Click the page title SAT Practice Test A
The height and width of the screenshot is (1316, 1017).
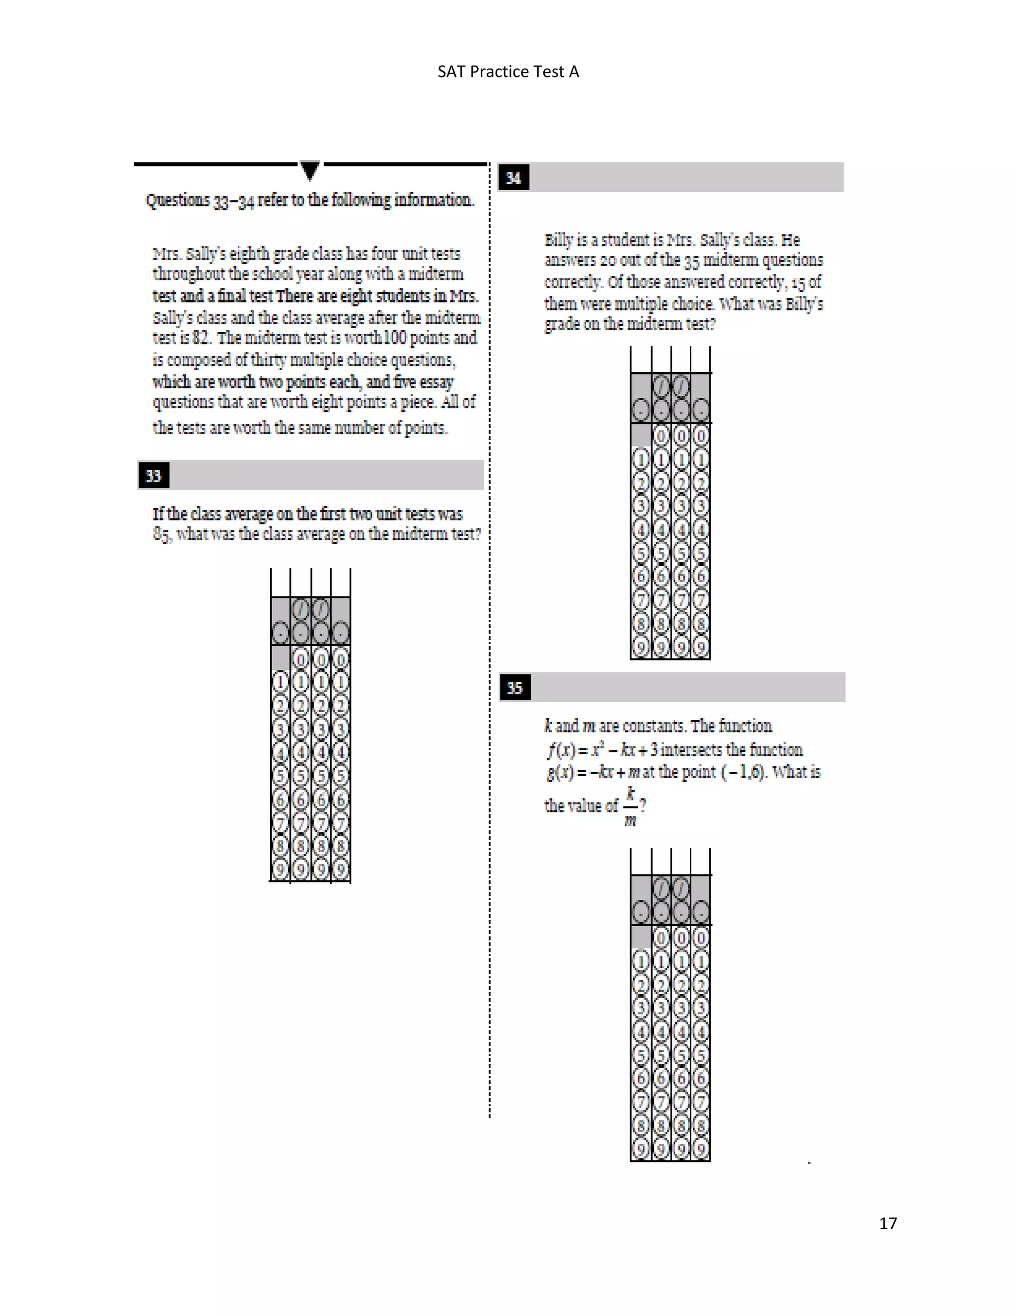508,72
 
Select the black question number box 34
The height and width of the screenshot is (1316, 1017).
514,178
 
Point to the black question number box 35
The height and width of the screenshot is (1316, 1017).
514,687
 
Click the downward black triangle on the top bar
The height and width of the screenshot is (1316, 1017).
310,170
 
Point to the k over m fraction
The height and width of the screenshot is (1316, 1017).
630,806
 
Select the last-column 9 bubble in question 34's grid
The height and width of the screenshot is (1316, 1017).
701,648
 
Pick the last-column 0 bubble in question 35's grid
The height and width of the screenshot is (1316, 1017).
701,938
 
